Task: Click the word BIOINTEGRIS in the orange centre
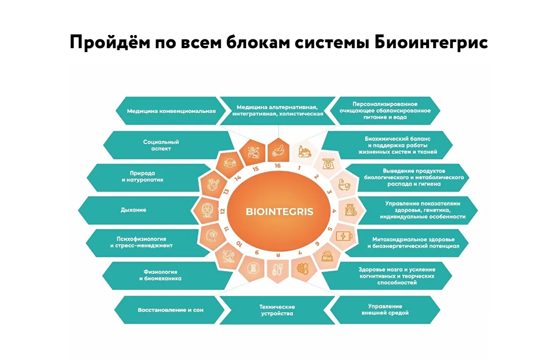click(279, 212)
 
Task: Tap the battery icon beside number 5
click(343, 236)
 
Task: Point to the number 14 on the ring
click(238, 177)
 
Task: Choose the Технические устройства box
click(277, 310)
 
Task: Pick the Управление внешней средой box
click(385, 310)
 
